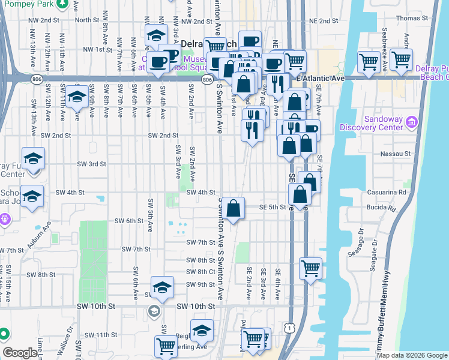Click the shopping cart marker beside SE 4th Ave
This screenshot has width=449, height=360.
coord(310,268)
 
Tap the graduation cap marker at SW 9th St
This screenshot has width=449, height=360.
coord(161,287)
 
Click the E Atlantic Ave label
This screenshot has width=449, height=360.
coord(320,79)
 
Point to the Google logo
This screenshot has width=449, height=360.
coord(20,353)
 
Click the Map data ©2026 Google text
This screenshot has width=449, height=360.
coord(412,355)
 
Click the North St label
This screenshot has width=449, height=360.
coord(87,20)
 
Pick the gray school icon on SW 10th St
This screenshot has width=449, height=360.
coord(154,310)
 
